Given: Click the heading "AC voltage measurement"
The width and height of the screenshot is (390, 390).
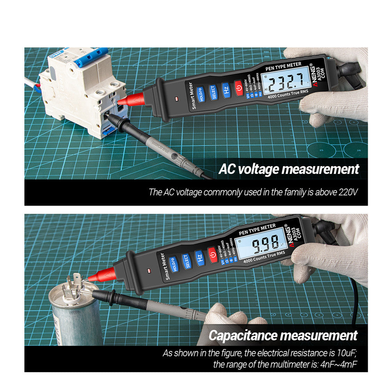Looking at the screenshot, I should coord(289,169).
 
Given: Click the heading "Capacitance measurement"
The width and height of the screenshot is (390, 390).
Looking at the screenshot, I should coord(283,335).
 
